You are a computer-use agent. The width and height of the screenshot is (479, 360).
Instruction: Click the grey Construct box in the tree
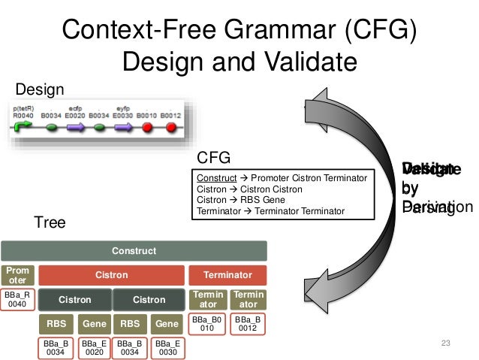tap(134, 250)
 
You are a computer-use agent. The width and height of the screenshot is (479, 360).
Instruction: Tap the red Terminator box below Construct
tap(227, 275)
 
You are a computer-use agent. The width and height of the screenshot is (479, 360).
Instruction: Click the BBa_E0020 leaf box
tap(94, 347)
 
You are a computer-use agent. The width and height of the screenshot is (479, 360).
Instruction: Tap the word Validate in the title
tap(301, 62)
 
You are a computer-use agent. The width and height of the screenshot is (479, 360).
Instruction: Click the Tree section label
tap(49, 223)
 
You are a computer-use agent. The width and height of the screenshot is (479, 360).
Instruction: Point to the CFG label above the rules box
tap(212, 159)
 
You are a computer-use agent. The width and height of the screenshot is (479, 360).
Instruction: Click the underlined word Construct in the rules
tap(217, 177)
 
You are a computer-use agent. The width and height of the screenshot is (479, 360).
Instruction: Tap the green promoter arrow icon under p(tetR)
tap(22, 128)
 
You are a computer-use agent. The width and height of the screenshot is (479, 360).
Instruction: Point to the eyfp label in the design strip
tap(122, 107)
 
